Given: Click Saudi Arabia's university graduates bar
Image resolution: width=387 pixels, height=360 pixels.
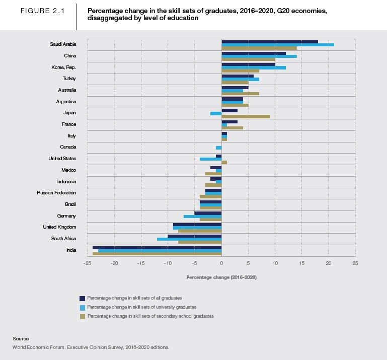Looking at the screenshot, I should [x=277, y=45].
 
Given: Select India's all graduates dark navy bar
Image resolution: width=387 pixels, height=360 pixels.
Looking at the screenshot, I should [x=157, y=247].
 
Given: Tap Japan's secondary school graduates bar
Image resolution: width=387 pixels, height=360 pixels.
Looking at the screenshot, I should [x=246, y=116].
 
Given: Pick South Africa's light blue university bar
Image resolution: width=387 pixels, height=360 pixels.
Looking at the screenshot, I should [x=189, y=239].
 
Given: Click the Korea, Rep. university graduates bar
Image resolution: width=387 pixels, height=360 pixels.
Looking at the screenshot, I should [x=254, y=67].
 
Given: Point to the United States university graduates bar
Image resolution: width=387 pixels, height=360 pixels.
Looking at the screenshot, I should [x=210, y=159].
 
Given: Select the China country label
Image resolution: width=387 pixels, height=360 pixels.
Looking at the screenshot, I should [x=70, y=56].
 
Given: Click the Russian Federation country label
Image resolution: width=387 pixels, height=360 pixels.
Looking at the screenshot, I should [x=56, y=193].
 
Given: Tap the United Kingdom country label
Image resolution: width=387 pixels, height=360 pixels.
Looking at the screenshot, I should [x=59, y=227].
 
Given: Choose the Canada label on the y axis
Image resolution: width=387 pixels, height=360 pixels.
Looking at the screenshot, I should [x=68, y=147].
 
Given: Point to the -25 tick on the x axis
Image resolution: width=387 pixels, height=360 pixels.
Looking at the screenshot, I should [x=88, y=263].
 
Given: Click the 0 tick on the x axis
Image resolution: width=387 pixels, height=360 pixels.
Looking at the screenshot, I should [x=221, y=263].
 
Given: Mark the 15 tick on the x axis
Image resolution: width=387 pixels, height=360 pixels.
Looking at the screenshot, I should [x=301, y=263].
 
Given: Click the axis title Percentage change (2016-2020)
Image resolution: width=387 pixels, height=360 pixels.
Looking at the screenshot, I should [x=221, y=277].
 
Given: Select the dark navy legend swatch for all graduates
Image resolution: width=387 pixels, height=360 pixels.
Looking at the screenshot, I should [x=82, y=298].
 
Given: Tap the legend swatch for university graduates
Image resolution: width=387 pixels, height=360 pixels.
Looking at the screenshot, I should [x=82, y=307].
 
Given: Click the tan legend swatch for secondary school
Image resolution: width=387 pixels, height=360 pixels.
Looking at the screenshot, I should [x=82, y=316].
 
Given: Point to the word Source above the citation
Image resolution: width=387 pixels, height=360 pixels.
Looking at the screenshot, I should [x=21, y=339].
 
